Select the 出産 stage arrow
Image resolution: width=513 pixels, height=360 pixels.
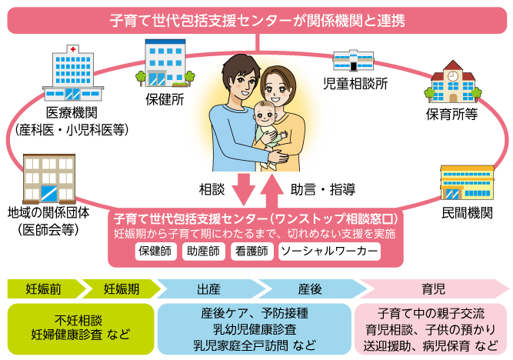(x=208, y=289)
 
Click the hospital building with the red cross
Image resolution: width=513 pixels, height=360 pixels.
(x=73, y=73)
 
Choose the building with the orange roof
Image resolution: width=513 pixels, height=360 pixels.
(x=467, y=182)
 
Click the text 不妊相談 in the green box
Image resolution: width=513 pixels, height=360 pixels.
(x=78, y=318)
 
